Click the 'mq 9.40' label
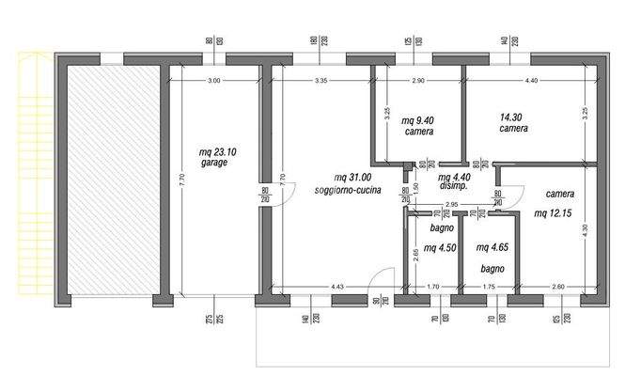tap(418, 120)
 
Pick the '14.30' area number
tap(513, 117)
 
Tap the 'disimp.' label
tap(454, 186)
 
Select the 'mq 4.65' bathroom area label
tap(493, 248)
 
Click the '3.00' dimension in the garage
tap(214, 81)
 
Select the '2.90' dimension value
tap(418, 81)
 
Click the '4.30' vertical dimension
tap(586, 227)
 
